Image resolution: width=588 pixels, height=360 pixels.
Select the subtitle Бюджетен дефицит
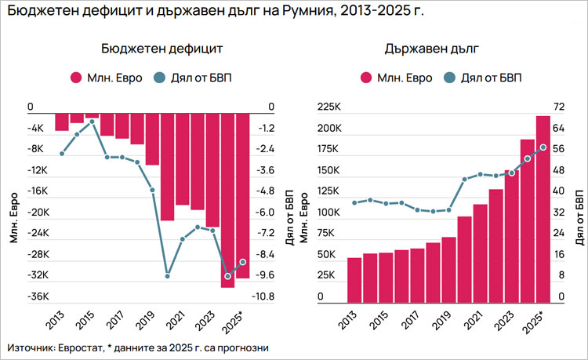point(162,49)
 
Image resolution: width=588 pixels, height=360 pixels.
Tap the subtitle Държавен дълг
point(434,49)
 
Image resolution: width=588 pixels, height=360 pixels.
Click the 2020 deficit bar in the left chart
point(167,167)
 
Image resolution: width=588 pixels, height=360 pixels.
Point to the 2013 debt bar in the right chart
point(354,279)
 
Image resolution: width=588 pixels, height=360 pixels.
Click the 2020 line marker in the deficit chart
point(167,276)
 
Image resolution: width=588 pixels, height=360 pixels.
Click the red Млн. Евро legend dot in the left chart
point(76,78)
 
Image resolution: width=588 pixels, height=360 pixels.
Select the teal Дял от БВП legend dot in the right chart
point(450,78)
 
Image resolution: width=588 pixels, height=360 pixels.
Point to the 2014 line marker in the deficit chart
point(77,135)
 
